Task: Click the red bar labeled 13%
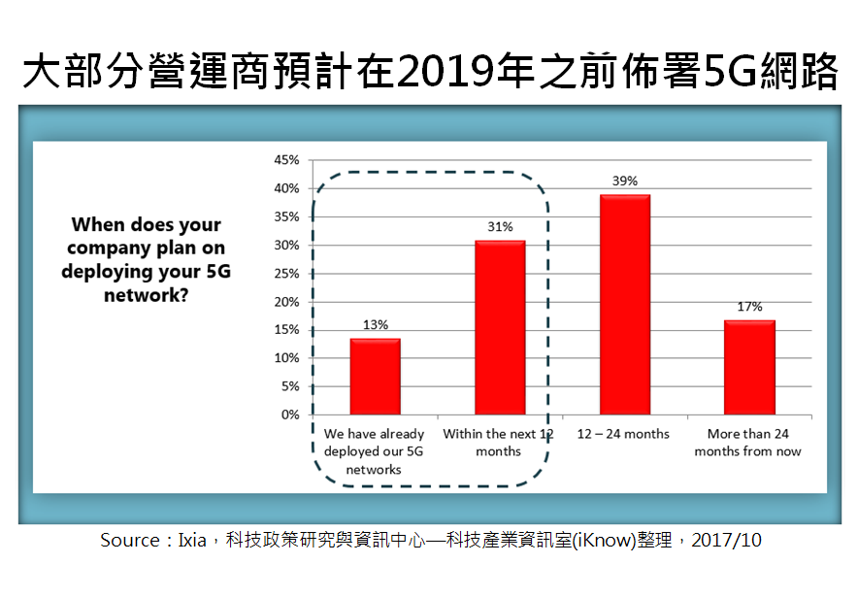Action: coord(376,377)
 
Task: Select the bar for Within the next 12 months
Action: coord(500,328)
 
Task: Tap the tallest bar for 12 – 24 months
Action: coord(625,305)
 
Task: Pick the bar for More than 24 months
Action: coord(749,368)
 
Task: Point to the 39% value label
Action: coord(625,182)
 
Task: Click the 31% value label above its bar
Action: coord(500,227)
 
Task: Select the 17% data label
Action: coord(749,307)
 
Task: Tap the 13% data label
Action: coord(376,325)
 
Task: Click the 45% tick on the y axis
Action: coord(286,160)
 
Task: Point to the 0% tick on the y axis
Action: coord(290,415)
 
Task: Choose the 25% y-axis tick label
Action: coord(286,274)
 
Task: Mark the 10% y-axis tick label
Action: coord(286,358)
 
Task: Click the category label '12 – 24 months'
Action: coord(623,434)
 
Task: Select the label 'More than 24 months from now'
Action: coord(748,443)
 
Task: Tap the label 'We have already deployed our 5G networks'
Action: coord(374,451)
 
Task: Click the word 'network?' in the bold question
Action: coord(147,295)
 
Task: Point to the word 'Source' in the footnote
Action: coord(130,541)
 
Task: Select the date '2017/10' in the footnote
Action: coord(726,541)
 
